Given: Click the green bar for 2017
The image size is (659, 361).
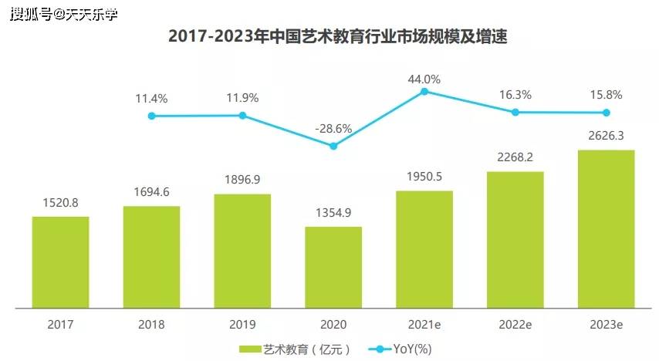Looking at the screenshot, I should pos(60,262).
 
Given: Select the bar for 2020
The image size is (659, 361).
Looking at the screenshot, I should pos(333,267).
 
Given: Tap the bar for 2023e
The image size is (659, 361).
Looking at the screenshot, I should pos(606,229).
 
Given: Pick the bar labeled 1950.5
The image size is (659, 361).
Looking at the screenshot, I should pos(424,249).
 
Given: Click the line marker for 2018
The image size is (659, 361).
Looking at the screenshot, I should pos(152,116).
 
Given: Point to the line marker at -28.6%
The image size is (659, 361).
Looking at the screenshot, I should pos(333,146).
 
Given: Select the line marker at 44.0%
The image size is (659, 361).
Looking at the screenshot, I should pos(424,92).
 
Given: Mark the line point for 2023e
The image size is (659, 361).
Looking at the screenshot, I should pos(606,113).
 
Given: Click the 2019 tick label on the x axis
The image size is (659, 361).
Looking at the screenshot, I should pos(242,325).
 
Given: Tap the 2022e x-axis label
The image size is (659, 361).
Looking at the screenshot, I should pos(515,325).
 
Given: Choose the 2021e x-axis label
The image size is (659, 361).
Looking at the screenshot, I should pos(424,325).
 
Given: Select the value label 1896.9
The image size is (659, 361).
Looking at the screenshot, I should pos(242,180).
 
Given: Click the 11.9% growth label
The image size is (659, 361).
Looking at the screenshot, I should pos(242,98).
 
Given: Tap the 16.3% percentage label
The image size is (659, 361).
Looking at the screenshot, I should pos(515,95).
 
